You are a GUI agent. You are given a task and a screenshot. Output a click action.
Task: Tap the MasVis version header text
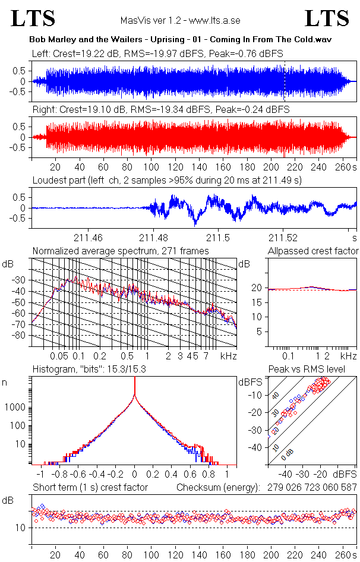click(x=179, y=20)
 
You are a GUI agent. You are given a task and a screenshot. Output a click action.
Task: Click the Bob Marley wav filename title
click(x=180, y=39)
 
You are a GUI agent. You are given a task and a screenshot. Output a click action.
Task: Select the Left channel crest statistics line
click(x=157, y=53)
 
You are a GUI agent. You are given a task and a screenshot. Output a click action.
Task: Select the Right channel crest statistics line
click(x=160, y=110)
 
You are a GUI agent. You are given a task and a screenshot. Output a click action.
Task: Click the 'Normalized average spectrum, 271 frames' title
click(x=121, y=251)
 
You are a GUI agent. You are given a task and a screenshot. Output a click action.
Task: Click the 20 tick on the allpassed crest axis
click(x=257, y=288)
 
